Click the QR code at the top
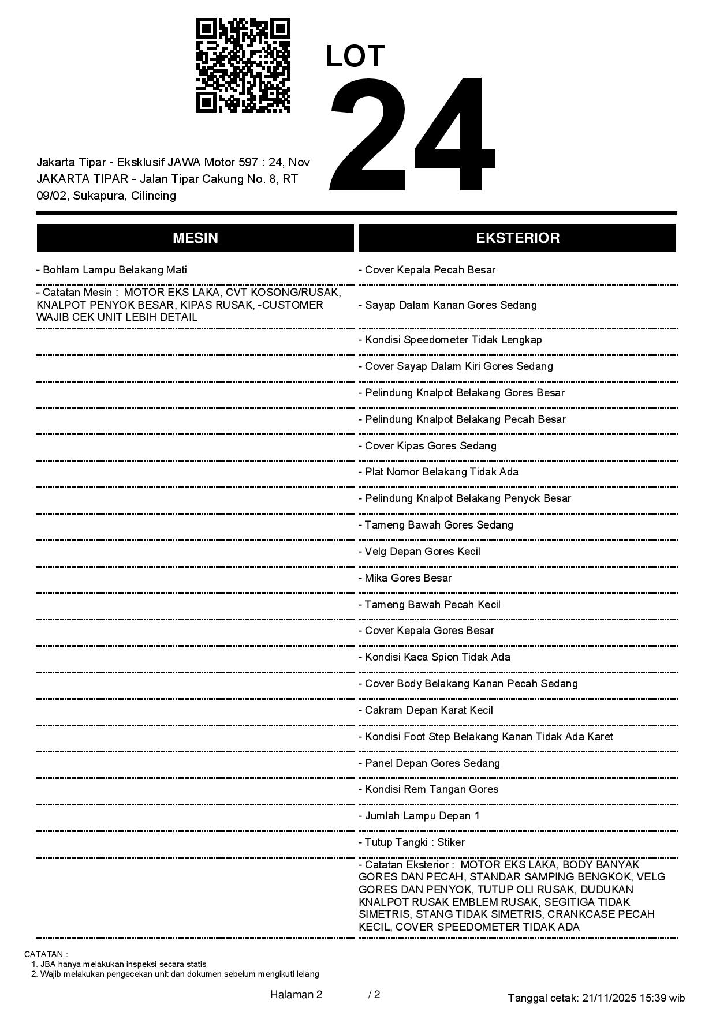point(243,65)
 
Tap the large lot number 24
point(412,134)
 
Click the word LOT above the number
point(355,57)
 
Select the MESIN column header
point(195,238)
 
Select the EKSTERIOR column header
point(517,238)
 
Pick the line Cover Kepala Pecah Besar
point(427,270)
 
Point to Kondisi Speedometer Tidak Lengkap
point(450,340)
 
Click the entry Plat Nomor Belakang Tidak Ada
point(438,472)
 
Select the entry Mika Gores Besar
point(405,578)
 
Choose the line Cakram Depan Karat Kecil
point(426,710)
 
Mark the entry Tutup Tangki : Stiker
point(411,842)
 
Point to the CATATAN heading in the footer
point(46,954)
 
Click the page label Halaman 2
point(296,994)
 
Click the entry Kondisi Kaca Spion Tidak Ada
point(434,657)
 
